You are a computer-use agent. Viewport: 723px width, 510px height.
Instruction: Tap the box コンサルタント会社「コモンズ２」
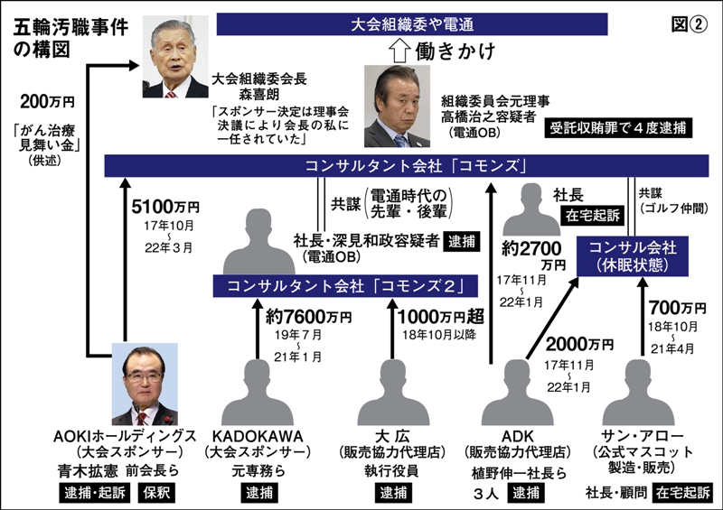coord(338,287)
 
